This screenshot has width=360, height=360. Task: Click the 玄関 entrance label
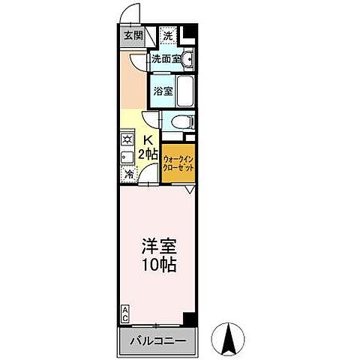tap(132, 35)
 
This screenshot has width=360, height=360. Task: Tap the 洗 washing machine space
tap(168, 35)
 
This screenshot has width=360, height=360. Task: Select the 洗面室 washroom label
tap(165, 58)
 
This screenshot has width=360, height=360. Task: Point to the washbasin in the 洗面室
tap(188, 58)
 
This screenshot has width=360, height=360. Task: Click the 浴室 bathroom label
tap(163, 91)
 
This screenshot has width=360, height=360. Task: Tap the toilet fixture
tap(181, 122)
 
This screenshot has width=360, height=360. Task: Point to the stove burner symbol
tap(127, 139)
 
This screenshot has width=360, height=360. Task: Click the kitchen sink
tap(127, 158)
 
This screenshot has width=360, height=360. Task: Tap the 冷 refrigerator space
tap(129, 174)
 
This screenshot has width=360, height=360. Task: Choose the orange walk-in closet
tap(178, 163)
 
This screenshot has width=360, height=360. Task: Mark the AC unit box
tap(125, 311)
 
